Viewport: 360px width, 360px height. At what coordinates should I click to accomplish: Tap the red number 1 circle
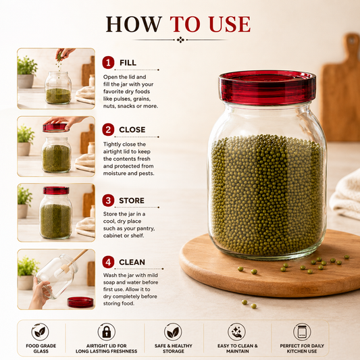point(108,62)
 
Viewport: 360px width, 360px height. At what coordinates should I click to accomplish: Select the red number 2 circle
point(108,130)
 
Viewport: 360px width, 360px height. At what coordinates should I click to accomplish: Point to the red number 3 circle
point(108,201)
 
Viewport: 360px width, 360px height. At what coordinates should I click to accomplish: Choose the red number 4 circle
point(108,262)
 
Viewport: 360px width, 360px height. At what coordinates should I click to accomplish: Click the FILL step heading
point(128,63)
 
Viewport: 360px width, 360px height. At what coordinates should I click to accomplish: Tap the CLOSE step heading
point(132,130)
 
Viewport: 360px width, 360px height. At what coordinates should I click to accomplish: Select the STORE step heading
point(132,201)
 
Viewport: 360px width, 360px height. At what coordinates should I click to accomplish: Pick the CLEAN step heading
point(132,262)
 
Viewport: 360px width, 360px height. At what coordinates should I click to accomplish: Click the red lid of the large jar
point(267,87)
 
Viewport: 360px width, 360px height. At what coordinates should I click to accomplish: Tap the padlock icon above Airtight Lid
point(107,332)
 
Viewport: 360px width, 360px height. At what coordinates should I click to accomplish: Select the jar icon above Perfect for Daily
point(302,332)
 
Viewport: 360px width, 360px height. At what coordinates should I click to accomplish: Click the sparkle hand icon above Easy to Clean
point(236,332)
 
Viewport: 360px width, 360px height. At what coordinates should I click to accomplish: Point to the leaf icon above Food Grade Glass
point(40,332)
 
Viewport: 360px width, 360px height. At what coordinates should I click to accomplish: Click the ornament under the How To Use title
point(181,40)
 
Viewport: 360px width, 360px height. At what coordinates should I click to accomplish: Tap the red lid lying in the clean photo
point(80,302)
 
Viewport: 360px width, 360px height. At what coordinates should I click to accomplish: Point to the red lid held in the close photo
point(55,128)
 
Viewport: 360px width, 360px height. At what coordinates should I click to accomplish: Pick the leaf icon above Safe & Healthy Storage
point(173,332)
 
